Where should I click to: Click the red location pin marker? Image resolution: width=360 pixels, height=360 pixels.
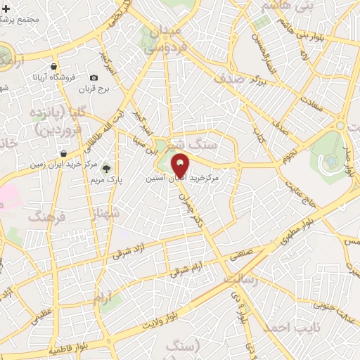[180, 165]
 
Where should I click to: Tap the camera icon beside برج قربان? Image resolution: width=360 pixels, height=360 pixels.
[94, 77]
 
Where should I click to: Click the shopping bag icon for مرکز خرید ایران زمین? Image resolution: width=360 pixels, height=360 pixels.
[64, 153]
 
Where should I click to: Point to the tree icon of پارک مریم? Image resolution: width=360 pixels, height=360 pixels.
[107, 169]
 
